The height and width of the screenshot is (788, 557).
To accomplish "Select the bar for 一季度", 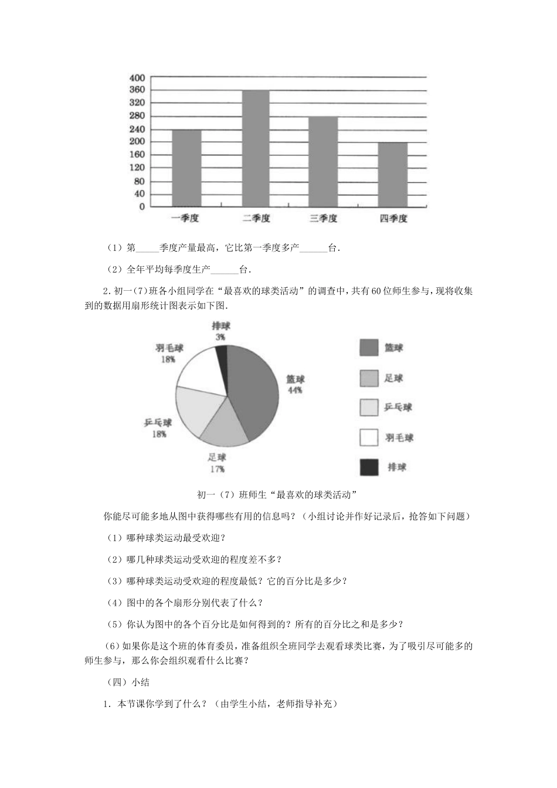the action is point(186,168).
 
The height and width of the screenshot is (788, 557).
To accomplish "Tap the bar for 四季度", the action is point(392,175).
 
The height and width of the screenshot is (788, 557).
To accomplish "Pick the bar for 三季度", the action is point(323,162).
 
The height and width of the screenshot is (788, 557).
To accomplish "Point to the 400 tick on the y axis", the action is point(137,78).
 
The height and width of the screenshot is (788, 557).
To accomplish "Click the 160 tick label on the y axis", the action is point(137,155).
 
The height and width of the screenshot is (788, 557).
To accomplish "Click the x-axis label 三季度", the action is point(323,219).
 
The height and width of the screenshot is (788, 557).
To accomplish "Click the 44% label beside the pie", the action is point(295,390).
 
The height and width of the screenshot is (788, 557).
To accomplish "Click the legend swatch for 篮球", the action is point(369,348).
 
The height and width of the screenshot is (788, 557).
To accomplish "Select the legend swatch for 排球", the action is point(369,467).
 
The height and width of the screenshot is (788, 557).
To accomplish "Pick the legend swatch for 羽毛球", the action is point(369,437).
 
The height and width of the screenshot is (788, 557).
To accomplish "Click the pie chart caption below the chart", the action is point(278,494).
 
